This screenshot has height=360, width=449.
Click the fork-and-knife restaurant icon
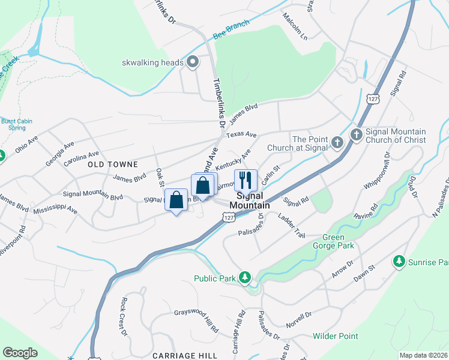[245, 179]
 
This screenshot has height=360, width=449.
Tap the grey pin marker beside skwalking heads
[193, 62]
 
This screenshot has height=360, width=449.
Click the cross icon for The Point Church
[337, 143]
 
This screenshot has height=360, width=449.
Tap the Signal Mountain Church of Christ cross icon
[356, 136]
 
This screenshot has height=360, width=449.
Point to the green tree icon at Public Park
[244, 277]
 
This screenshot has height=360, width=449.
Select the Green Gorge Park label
[333, 241]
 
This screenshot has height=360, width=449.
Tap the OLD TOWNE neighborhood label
[113, 164]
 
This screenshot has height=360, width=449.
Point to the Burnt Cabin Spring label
[16, 124]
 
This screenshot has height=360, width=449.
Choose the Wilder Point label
[335, 336]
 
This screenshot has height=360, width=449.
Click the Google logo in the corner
[20, 353]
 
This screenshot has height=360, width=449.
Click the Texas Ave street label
[241, 134]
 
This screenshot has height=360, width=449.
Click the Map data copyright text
[424, 355]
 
